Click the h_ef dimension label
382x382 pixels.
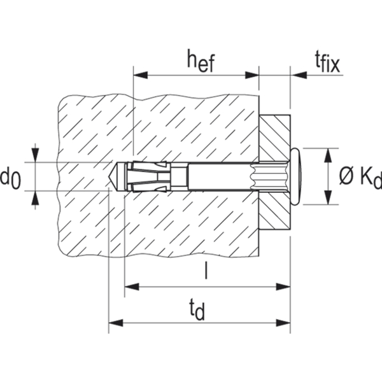(x=201, y=61)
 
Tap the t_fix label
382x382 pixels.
(x=327, y=63)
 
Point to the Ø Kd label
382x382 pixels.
(x=360, y=177)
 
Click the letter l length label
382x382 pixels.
(x=206, y=270)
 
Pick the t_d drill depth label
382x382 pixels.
(x=197, y=310)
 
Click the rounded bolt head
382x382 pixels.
(x=296, y=176)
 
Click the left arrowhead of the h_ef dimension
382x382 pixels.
(x=141, y=75)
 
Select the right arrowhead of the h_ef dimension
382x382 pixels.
(x=251, y=75)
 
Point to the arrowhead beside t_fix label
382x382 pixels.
(x=299, y=75)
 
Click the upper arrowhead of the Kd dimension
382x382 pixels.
(x=329, y=155)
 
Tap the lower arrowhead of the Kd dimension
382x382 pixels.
(x=329, y=197)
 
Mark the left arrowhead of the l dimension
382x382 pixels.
(x=132, y=286)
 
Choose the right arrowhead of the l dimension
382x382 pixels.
(x=283, y=286)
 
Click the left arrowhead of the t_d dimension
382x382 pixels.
(x=116, y=323)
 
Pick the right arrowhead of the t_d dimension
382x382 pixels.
(x=283, y=323)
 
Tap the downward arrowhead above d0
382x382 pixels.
(x=36, y=155)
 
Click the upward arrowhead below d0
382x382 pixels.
(x=36, y=198)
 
